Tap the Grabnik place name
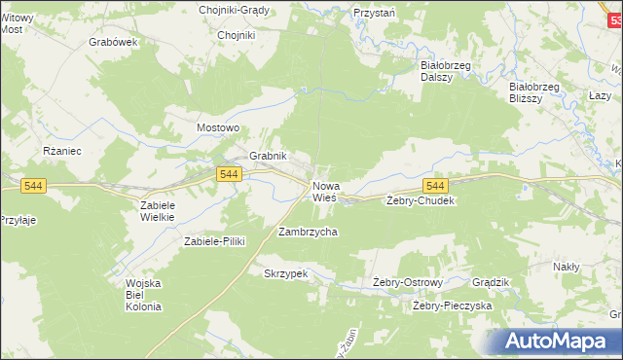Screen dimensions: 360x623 click(x=268, y=156)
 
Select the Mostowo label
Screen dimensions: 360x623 click(x=218, y=127)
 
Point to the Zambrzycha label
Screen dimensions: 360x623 click(x=308, y=233)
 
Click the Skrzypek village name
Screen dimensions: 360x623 click(x=285, y=274)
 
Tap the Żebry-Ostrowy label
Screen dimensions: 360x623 click(x=409, y=283)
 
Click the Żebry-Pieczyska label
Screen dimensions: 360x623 click(x=452, y=306)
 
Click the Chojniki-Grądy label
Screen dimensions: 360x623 click(x=234, y=10)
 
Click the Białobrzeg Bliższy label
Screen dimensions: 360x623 click(x=534, y=91)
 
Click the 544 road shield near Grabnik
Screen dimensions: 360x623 click(x=229, y=173)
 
